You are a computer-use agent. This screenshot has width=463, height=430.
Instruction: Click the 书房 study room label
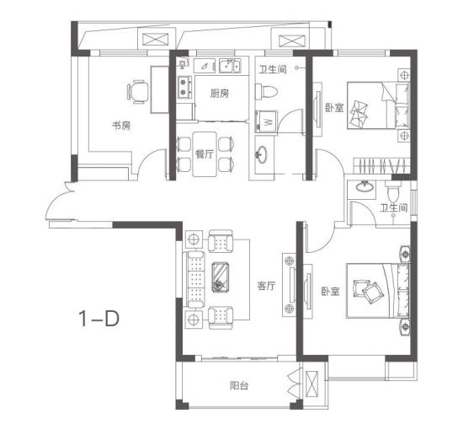point(121,126)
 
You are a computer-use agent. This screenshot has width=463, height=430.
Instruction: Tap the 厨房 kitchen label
point(220,94)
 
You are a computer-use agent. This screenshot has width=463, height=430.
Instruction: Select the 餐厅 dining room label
point(205,153)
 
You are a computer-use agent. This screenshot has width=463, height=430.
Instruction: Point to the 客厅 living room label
point(266,286)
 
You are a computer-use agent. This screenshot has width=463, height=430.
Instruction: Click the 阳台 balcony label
point(239,385)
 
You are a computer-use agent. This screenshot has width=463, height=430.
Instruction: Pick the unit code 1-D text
point(99,319)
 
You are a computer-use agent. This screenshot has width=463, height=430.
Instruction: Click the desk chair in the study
point(137,92)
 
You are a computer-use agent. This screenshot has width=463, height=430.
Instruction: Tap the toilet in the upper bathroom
point(266,92)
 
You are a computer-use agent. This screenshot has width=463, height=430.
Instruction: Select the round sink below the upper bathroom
point(260,153)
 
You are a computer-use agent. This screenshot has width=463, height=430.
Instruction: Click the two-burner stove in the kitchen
point(184,87)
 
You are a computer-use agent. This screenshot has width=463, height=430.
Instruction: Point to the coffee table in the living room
point(221,277)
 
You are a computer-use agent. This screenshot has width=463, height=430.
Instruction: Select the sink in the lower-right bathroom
point(364,186)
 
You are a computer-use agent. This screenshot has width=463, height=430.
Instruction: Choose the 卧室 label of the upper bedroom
point(334,108)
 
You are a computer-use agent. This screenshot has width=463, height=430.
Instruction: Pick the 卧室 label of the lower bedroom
point(331,292)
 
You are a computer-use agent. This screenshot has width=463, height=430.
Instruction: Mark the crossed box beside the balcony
point(311,385)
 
